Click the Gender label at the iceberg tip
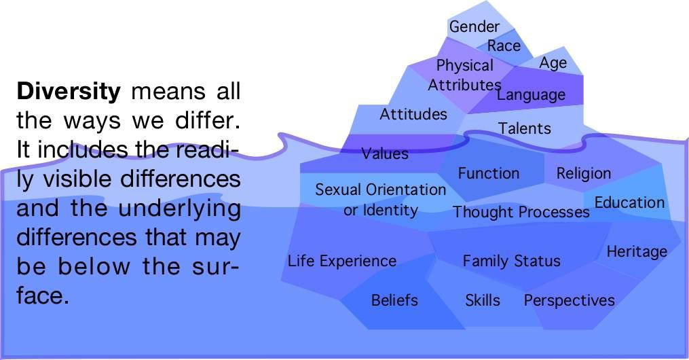coord(474,26)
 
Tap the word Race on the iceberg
coord(504,46)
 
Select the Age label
coord(553,63)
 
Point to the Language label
coord(532,95)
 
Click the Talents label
coord(524,128)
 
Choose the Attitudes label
coord(413,114)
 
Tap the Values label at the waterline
coord(385,154)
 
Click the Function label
coord(489,173)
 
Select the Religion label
coord(584,174)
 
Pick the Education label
coord(629,202)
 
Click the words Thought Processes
coord(521,212)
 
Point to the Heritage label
coord(637,252)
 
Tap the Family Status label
coord(511,261)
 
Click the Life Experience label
coord(342,261)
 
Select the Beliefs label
coord(394,300)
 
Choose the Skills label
coord(483,300)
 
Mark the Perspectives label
coord(569,301)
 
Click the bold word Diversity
coord(69,92)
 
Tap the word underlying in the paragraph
coord(179,209)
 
